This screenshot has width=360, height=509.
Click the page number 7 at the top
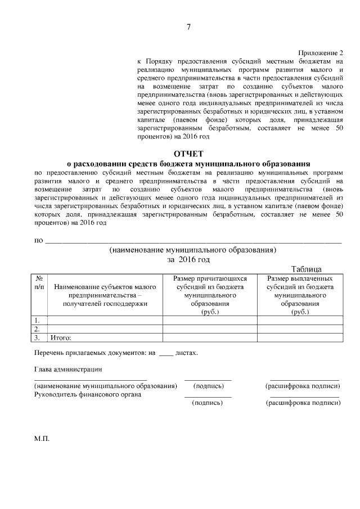[x=189, y=27]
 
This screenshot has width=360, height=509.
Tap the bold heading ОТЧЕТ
[x=189, y=152]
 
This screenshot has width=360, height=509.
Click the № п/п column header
[x=39, y=282]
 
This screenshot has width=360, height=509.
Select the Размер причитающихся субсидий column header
[x=210, y=295]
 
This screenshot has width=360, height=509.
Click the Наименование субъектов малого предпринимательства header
[x=105, y=295]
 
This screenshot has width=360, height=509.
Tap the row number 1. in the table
[x=38, y=320]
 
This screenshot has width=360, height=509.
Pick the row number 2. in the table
[x=38, y=329]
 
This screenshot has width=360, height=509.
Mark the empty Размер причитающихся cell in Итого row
[x=210, y=338]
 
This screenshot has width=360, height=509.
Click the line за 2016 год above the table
[x=188, y=259]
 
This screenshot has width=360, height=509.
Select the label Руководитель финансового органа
[x=87, y=394]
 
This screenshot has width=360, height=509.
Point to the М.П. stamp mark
[x=42, y=437]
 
